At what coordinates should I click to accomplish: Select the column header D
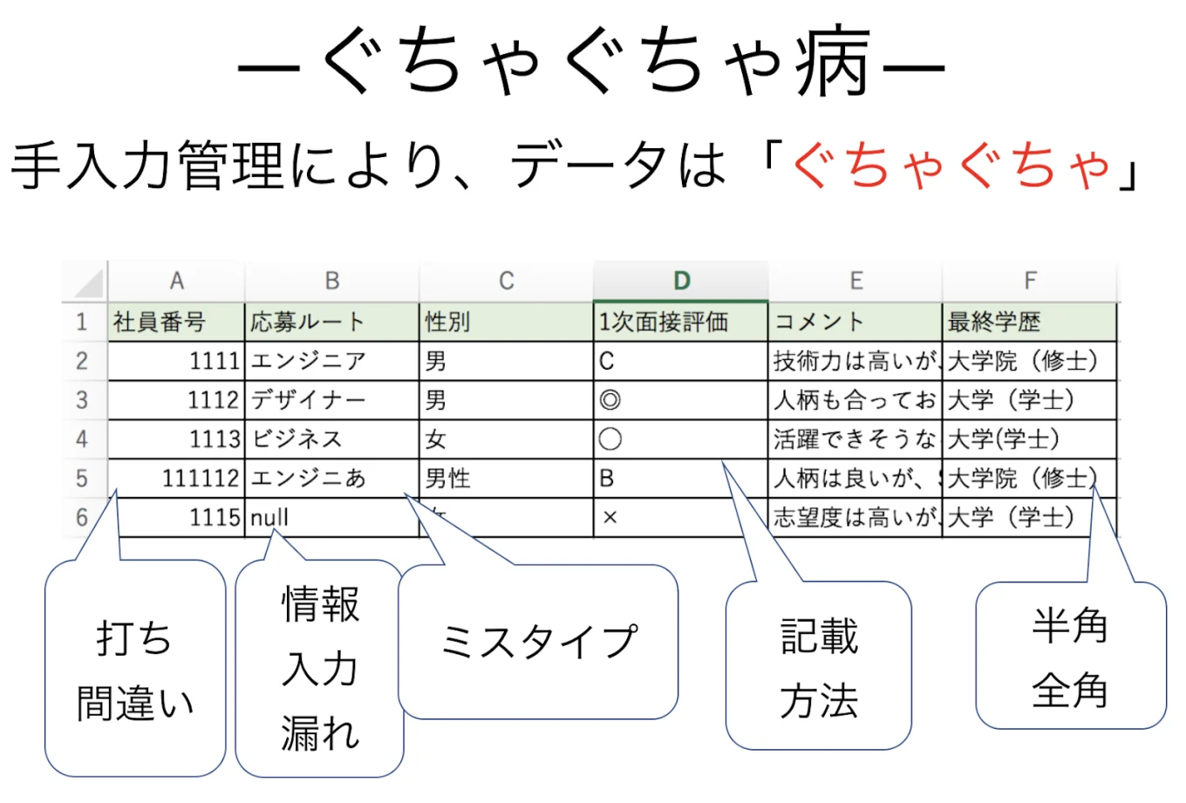click(x=681, y=281)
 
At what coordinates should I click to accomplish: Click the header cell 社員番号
click(x=175, y=322)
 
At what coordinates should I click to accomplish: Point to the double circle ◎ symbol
click(x=610, y=400)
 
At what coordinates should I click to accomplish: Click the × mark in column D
click(x=610, y=518)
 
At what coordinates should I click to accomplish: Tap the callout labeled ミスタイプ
click(x=538, y=643)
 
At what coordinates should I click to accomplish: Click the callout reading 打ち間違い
click(x=134, y=670)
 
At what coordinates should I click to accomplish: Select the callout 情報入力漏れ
click(x=320, y=669)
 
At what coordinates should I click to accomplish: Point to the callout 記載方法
click(x=818, y=668)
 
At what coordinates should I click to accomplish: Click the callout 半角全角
click(x=1070, y=658)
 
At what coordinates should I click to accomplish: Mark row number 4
click(x=82, y=439)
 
